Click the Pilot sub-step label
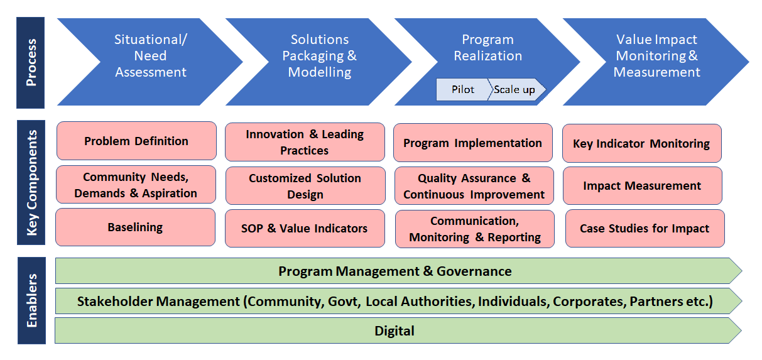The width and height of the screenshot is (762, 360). pyautogui.click(x=462, y=89)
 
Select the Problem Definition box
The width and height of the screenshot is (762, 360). pyautogui.click(x=136, y=141)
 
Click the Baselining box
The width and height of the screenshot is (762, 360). pyautogui.click(x=136, y=227)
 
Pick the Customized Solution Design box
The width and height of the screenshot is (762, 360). pyautogui.click(x=305, y=186)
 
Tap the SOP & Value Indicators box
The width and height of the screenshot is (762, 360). pyautogui.click(x=305, y=228)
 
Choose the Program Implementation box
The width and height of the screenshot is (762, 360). pyautogui.click(x=473, y=143)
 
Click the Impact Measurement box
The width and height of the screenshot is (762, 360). pyautogui.click(x=642, y=186)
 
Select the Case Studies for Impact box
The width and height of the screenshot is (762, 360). pyautogui.click(x=645, y=228)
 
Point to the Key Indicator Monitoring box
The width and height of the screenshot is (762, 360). pyautogui.click(x=641, y=143)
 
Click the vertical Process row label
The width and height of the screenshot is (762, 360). pyautogui.click(x=31, y=63)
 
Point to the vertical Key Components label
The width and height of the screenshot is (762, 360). pyautogui.click(x=31, y=182)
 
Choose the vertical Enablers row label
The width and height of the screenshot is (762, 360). pyautogui.click(x=31, y=300)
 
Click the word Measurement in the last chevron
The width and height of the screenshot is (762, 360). pyautogui.click(x=657, y=72)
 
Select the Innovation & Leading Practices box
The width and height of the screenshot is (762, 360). pyautogui.click(x=305, y=142)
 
